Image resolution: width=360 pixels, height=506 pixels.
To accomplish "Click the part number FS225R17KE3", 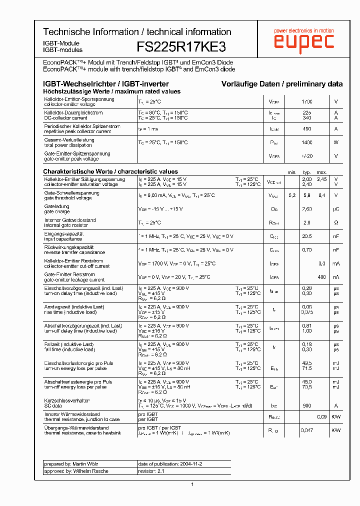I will tap(181, 47).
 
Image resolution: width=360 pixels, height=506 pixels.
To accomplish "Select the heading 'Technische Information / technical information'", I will tap(137, 32).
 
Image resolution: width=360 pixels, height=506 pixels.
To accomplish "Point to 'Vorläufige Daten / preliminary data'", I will tap(282, 84).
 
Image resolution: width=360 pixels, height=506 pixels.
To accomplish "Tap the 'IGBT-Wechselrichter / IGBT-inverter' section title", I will tap(106, 84).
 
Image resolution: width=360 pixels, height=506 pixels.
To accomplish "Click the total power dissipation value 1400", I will tap(307, 142).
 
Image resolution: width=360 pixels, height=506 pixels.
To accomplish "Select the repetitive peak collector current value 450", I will tap(307, 129).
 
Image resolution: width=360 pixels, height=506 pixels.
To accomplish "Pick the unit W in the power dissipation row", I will tap(336, 142).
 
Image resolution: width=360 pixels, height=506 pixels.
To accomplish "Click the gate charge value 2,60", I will tap(307, 209).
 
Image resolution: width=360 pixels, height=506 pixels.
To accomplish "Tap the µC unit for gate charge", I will tap(336, 209).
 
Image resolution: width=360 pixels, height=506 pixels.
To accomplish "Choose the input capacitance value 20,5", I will tap(307, 236).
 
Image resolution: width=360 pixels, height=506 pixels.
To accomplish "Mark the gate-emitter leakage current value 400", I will tap(321, 277).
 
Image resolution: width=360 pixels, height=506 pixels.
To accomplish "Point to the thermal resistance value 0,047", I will tap(307, 430).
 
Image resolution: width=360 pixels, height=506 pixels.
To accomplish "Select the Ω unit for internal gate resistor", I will tap(336, 222).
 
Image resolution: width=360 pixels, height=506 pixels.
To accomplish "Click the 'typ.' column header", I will tap(307, 172).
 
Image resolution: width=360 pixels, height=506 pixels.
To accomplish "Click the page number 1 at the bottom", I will tap(192, 484).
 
